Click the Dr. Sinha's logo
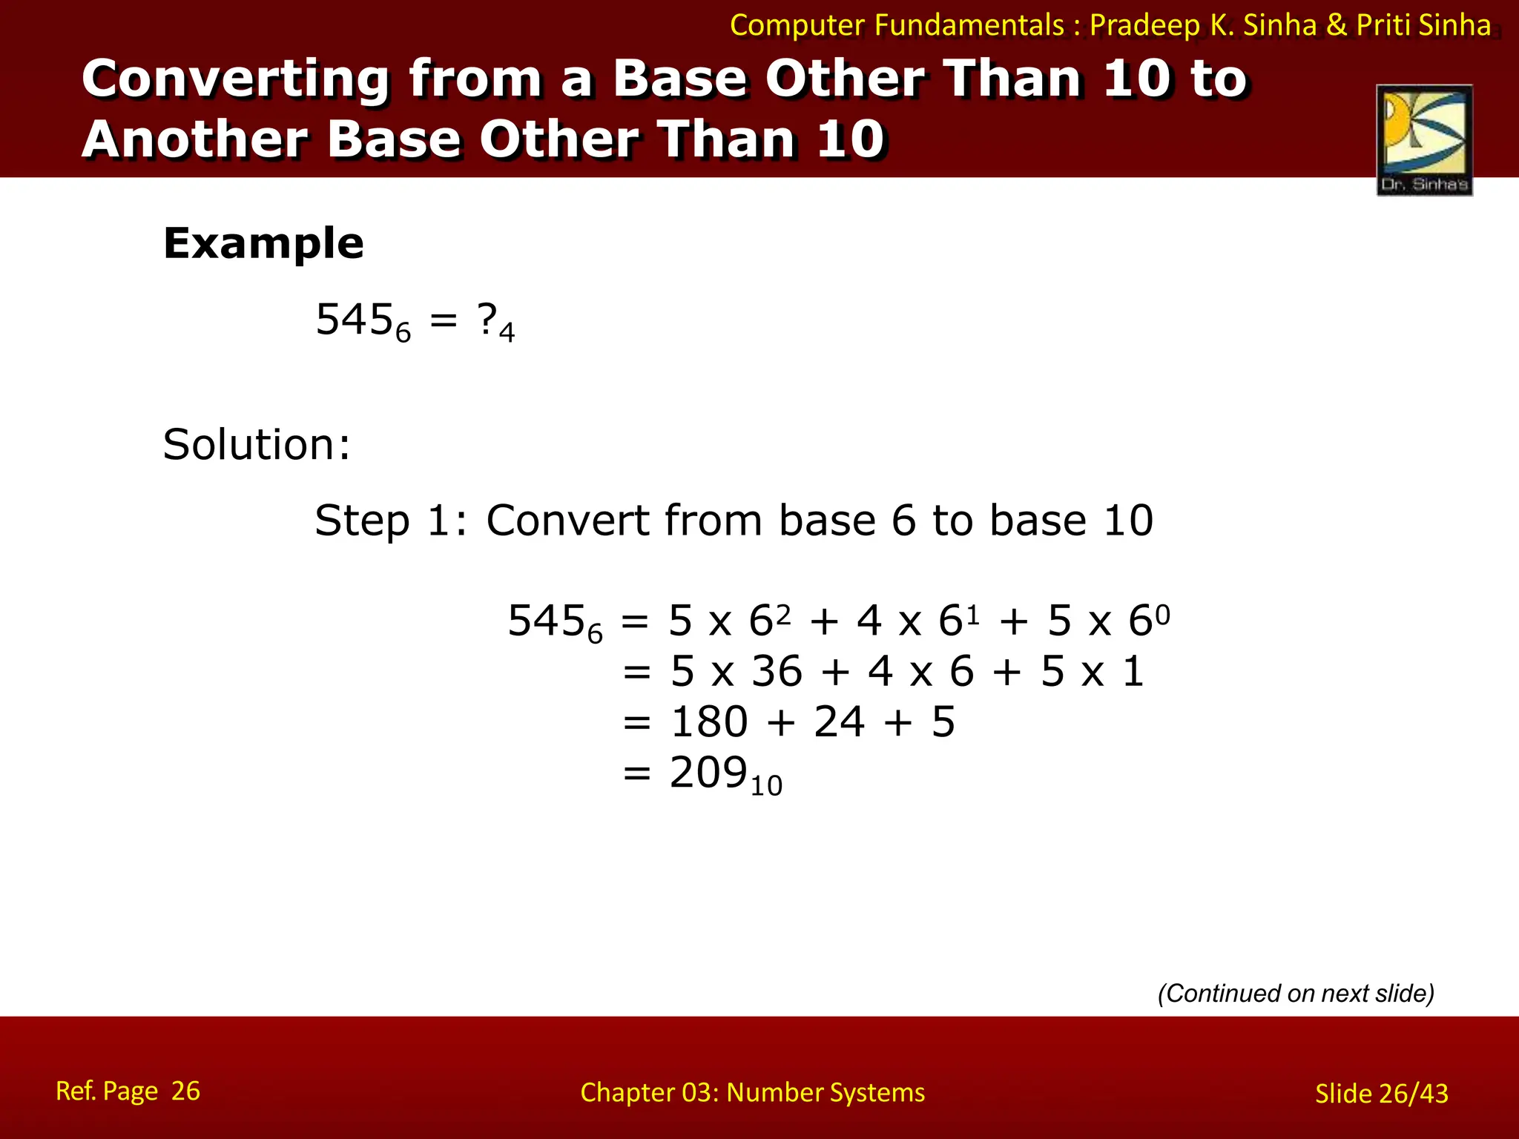(x=1424, y=140)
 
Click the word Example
(x=263, y=244)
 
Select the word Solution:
(x=257, y=445)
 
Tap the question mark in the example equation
(x=487, y=320)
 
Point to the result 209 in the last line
(x=708, y=773)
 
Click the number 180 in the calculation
(x=709, y=722)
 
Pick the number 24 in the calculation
(x=839, y=722)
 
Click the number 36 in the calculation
(x=777, y=672)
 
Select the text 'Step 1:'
(x=391, y=521)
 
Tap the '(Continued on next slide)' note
(x=1296, y=993)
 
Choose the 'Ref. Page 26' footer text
(x=128, y=1092)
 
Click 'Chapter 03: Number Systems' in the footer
(x=752, y=1093)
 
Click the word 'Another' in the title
(x=195, y=139)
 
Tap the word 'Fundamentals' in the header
(x=969, y=26)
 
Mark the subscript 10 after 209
(x=766, y=786)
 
